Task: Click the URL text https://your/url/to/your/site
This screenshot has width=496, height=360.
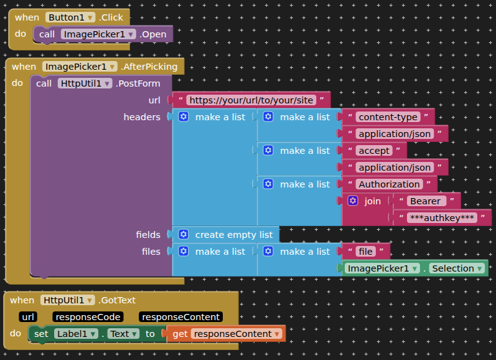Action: coord(251,100)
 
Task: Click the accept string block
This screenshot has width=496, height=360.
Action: coord(374,151)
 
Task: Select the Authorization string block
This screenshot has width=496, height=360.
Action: coord(389,184)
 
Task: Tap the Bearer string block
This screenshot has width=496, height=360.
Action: coord(427,201)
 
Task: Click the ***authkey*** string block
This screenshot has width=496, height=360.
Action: coord(442,218)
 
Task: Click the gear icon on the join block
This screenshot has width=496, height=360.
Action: coord(353,201)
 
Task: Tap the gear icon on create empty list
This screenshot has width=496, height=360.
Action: coord(184,235)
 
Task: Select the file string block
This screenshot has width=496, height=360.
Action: coord(366,252)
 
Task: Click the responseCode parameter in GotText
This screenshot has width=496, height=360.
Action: coord(87,317)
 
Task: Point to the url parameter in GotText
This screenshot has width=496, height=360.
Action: coord(28,317)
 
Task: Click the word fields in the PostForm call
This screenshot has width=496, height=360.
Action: coord(148,235)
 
